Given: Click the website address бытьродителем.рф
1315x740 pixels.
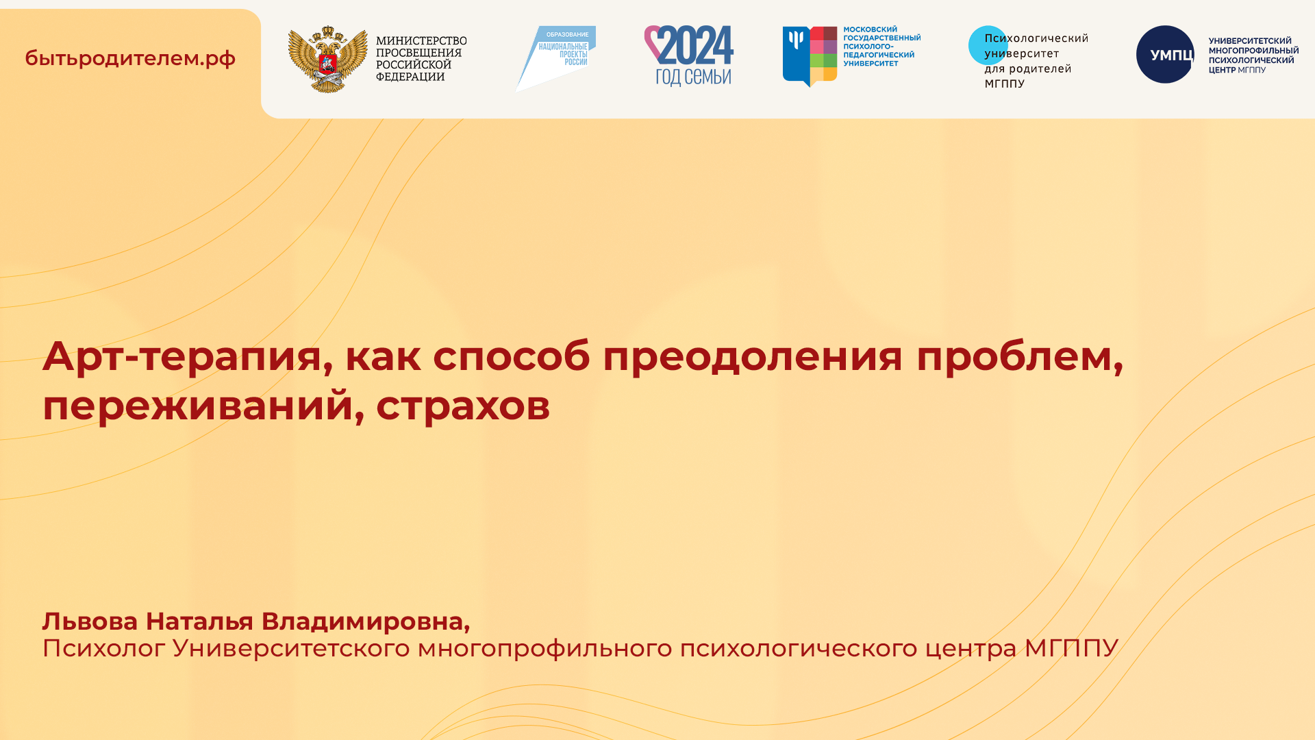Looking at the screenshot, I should [130, 58].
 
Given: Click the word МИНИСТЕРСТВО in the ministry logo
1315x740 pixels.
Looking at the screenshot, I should [421, 41].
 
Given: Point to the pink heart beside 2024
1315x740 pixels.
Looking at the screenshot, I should [652, 41].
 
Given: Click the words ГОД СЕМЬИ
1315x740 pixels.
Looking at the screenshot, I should [693, 76].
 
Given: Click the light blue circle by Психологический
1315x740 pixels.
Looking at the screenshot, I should [987, 45].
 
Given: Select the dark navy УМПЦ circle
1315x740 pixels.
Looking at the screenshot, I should [1164, 55].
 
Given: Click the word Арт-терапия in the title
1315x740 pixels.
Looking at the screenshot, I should [182, 356].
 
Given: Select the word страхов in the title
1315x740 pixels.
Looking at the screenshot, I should [463, 406].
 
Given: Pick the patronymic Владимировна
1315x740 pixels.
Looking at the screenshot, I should [365, 621].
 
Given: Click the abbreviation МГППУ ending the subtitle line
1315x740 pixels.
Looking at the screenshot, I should [1071, 648].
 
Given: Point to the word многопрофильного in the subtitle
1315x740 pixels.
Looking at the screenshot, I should [545, 648].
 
